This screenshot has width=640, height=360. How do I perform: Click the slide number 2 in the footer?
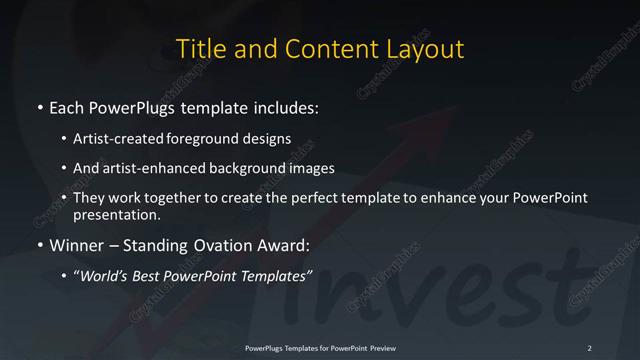pyautogui.click(x=590, y=347)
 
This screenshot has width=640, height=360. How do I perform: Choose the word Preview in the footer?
pyautogui.click(x=377, y=347)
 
